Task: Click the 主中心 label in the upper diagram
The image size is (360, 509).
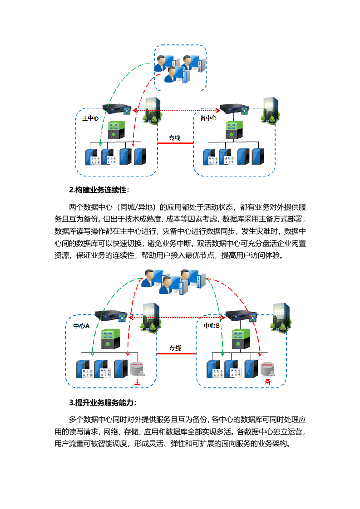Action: (x=90, y=118)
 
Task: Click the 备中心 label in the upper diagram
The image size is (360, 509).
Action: (x=208, y=118)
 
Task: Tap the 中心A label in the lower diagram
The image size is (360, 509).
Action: (x=81, y=326)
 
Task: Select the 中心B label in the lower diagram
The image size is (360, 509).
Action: (x=212, y=326)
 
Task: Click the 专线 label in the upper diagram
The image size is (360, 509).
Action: (x=175, y=137)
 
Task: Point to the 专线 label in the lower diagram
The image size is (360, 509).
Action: (x=175, y=348)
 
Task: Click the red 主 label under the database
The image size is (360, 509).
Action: (x=137, y=382)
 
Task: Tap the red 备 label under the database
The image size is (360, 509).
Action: (x=268, y=382)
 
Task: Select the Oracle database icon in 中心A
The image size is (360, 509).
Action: (x=136, y=368)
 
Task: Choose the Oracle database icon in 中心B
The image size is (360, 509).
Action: (x=267, y=368)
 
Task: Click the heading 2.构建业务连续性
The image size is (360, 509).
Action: (x=99, y=189)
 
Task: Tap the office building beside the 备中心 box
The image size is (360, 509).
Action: (x=270, y=109)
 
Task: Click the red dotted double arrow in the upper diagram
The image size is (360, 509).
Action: (x=175, y=110)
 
